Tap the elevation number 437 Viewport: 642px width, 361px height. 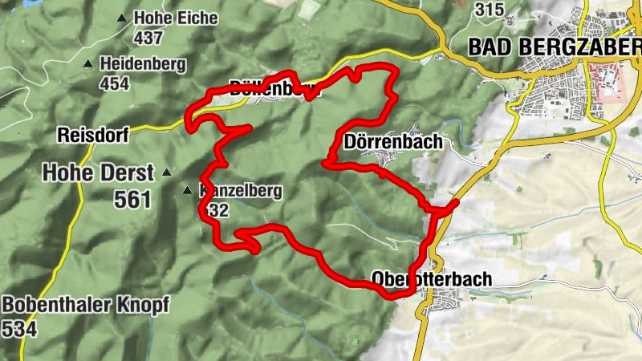point(148,37)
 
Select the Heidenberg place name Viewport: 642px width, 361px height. point(143,63)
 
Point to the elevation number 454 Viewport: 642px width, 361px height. point(114,82)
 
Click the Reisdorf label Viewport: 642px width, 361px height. point(93,135)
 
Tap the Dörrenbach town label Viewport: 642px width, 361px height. point(392,141)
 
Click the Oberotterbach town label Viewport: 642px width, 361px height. point(431,278)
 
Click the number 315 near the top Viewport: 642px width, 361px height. point(490,9)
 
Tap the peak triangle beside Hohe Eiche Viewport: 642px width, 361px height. point(122,18)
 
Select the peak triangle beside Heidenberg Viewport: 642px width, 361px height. point(89,63)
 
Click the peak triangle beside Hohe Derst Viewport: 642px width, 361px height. point(167,172)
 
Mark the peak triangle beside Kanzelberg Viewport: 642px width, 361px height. point(187,191)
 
